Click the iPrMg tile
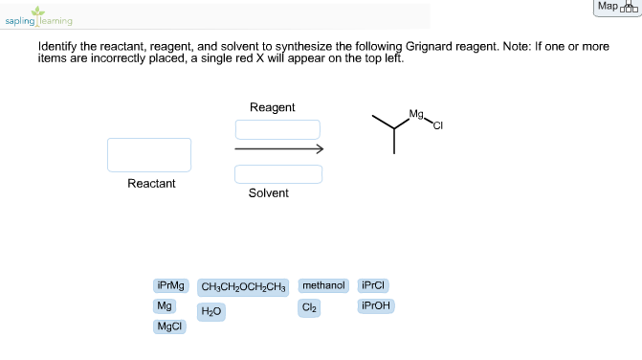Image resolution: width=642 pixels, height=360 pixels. pos(171,285)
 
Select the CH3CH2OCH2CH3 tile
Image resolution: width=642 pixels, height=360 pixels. pos(243,286)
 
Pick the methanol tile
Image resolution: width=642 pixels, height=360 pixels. pos(323,285)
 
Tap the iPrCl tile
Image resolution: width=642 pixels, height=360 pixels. pos(373,285)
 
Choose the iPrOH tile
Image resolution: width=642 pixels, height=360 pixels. pos(376,306)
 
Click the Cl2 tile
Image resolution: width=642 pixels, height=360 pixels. pos(309,307)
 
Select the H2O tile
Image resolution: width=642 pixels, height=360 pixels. pos(211,312)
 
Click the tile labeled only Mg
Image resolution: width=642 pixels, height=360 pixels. pos(164,306)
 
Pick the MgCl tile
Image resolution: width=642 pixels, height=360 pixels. pos(169,327)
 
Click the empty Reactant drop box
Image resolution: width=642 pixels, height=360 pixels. pos(149,155)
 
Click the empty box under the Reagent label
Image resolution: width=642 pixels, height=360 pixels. pos(277,129)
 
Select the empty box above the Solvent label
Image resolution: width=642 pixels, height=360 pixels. pos(277,174)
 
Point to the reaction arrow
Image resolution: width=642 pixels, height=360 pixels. pos(278,149)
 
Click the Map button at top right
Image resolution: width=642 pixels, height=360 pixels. pos(615,7)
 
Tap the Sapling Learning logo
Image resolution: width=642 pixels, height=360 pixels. pos(38,17)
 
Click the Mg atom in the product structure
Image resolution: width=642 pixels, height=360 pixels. pos(415,114)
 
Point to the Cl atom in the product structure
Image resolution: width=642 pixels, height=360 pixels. pos(439,124)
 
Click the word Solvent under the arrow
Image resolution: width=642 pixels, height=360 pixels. pos(268,193)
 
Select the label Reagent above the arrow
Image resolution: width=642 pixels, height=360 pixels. pos(273,107)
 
